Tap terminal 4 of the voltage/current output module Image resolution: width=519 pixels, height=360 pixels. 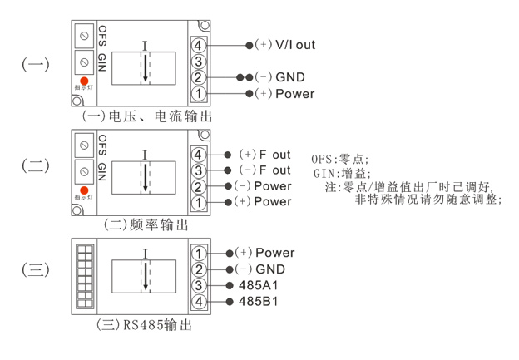point(199,44)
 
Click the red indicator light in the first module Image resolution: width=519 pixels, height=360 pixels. point(84,81)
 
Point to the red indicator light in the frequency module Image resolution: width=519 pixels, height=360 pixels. point(84,190)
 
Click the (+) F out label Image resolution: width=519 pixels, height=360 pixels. point(264,155)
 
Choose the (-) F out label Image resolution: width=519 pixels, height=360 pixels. point(264,170)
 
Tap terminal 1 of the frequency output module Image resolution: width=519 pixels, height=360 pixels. point(199,202)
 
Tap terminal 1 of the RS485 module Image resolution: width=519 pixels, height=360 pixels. point(199,253)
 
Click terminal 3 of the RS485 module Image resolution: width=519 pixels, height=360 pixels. point(199,285)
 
